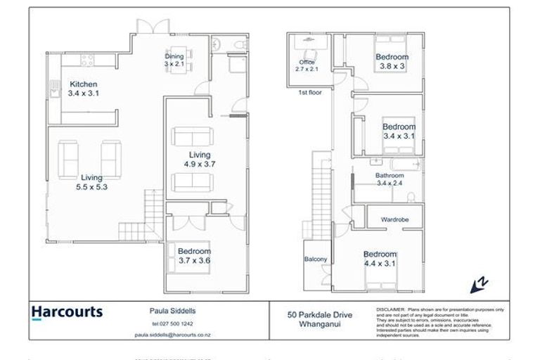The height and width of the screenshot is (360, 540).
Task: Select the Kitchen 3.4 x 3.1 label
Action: [83, 89]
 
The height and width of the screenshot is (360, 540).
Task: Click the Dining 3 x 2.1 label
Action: [174, 60]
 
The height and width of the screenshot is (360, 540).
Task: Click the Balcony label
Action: [316, 259]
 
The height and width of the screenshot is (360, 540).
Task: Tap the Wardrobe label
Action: [394, 220]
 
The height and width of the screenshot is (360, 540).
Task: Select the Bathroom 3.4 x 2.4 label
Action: [390, 179]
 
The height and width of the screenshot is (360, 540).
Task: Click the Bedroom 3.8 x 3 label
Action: [392, 62]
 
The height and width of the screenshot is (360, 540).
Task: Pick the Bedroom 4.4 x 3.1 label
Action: [380, 259]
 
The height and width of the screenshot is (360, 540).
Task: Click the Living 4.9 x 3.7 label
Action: [199, 160]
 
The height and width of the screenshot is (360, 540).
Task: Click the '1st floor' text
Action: [309, 92]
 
